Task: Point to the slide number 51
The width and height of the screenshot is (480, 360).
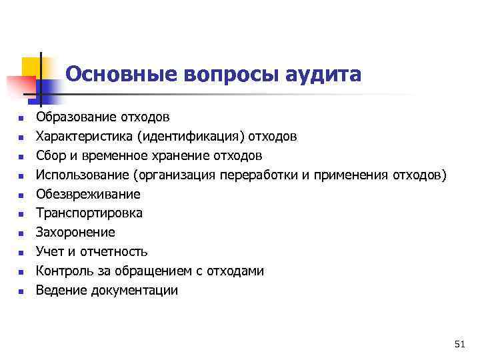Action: [x=459, y=344]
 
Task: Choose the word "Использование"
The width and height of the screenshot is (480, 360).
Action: [x=82, y=175]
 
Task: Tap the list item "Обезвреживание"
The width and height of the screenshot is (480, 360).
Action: [x=88, y=195]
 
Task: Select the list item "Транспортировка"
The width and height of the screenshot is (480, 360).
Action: [x=89, y=213]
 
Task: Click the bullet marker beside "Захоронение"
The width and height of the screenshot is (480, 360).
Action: [x=21, y=233]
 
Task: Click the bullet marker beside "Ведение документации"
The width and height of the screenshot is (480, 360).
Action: [x=21, y=291]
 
